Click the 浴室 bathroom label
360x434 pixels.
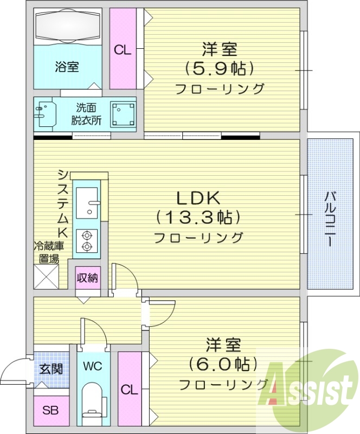click(x=67, y=67)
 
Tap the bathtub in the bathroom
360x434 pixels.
click(x=68, y=27)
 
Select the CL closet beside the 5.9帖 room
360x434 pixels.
click(x=123, y=50)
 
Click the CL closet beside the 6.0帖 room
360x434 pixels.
click(x=128, y=389)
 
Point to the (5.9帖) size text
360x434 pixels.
click(x=220, y=68)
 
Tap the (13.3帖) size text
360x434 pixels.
click(x=198, y=218)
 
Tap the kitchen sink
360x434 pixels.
click(x=87, y=202)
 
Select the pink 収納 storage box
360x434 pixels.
click(x=87, y=279)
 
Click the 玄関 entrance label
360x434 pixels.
click(x=52, y=369)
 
